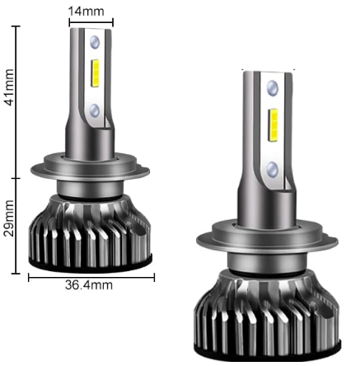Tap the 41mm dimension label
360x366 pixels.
point(9,87)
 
